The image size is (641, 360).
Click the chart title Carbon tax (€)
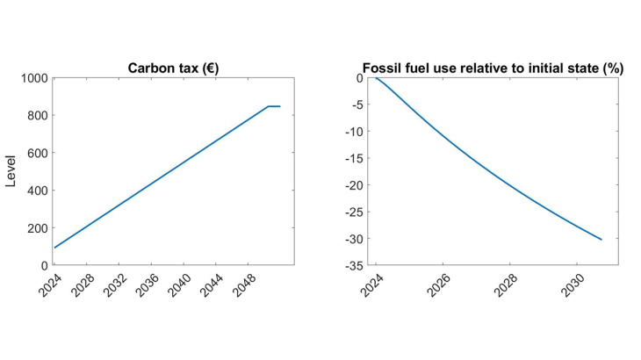173,68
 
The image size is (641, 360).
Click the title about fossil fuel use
493,68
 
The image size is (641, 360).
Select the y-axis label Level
11,171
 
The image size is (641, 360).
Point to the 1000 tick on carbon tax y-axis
33,78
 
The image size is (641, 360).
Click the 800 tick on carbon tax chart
36,116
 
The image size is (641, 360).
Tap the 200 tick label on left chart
36,228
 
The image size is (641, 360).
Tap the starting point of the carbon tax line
54,248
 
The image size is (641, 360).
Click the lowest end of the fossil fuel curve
601,240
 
